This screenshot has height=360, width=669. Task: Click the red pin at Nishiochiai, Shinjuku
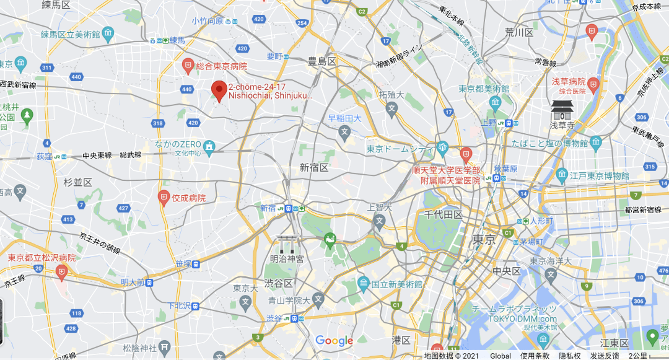coord(219,90)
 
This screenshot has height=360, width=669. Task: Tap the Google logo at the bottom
coord(334,340)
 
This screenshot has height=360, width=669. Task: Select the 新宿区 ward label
coord(314,167)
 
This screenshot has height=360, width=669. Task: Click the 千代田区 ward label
coord(444,214)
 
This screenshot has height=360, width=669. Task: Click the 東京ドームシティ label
coord(400,149)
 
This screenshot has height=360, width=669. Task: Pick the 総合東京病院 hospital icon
coord(188,65)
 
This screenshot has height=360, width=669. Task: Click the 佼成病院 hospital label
coord(188,198)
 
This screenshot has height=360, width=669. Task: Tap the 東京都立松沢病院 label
coord(42,257)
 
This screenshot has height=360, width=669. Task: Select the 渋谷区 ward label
coord(278,283)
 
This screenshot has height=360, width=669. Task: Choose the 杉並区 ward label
coord(77,182)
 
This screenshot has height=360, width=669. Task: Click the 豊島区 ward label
coord(321,61)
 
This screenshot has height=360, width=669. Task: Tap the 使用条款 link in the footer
coord(534,356)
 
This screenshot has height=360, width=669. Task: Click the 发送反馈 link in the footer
coord(605,356)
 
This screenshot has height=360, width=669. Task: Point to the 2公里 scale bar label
coord(637,356)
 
